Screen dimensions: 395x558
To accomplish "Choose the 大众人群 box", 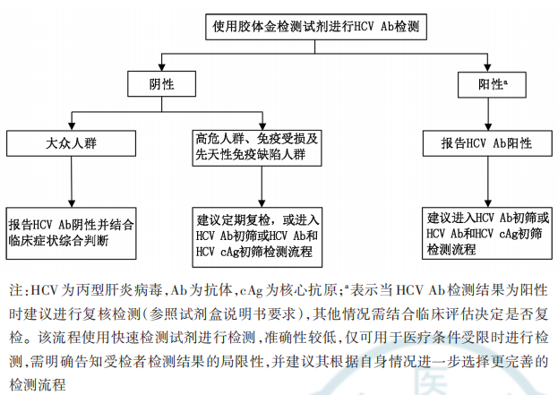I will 69,142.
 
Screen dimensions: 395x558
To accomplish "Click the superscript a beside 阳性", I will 506,82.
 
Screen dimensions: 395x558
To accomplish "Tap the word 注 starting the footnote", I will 15,291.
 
